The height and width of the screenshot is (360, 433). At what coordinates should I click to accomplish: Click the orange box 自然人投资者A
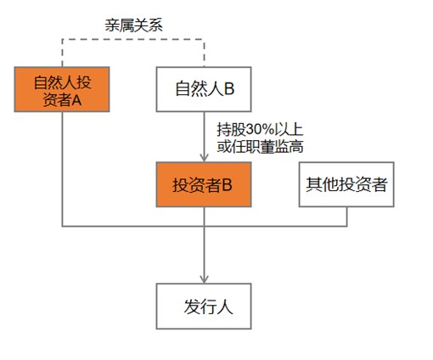pyautogui.click(x=62, y=89)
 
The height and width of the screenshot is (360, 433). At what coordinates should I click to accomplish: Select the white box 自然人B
pyautogui.click(x=204, y=89)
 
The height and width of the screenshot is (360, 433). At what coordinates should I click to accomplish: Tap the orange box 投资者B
pyautogui.click(x=204, y=184)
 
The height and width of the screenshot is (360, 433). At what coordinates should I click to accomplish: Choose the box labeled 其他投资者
pyautogui.click(x=346, y=184)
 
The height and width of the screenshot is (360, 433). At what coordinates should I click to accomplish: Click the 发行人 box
pyautogui.click(x=204, y=307)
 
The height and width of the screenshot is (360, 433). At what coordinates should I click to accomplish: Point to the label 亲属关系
pyautogui.click(x=133, y=25)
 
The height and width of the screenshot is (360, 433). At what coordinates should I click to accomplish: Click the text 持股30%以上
pyautogui.click(x=260, y=130)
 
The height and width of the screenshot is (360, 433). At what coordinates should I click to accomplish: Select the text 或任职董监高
pyautogui.click(x=260, y=147)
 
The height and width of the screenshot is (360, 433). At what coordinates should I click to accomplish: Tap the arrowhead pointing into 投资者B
pyautogui.click(x=204, y=158)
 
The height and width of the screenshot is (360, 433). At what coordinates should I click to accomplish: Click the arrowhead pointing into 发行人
pyautogui.click(x=204, y=279)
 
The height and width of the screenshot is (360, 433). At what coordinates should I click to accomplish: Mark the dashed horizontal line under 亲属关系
pyautogui.click(x=133, y=39)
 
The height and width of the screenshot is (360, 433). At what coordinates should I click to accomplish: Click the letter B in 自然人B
pyautogui.click(x=229, y=88)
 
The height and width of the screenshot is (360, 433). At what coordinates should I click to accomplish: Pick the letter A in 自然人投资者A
pyautogui.click(x=76, y=99)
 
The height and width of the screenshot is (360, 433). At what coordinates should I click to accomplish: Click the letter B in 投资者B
pyautogui.click(x=227, y=185)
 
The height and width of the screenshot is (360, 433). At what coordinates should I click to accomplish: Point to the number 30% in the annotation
pyautogui.click(x=261, y=130)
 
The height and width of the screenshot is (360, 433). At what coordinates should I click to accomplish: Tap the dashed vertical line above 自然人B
pyautogui.click(x=204, y=53)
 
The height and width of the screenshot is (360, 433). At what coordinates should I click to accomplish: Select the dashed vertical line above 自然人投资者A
pyautogui.click(x=62, y=53)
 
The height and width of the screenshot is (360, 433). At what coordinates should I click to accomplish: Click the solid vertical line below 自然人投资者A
pyautogui.click(x=62, y=169)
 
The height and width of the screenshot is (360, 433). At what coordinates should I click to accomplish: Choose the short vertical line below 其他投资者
pyautogui.click(x=346, y=217)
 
